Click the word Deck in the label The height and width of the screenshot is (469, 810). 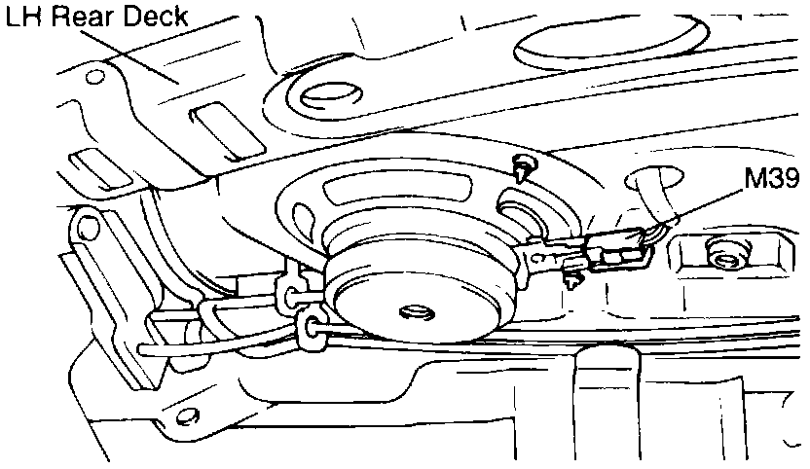tap(151, 17)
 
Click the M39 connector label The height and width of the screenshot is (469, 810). tap(773, 180)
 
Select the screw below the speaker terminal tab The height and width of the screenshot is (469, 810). tap(573, 280)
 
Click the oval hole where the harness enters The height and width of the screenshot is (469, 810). tap(646, 181)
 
